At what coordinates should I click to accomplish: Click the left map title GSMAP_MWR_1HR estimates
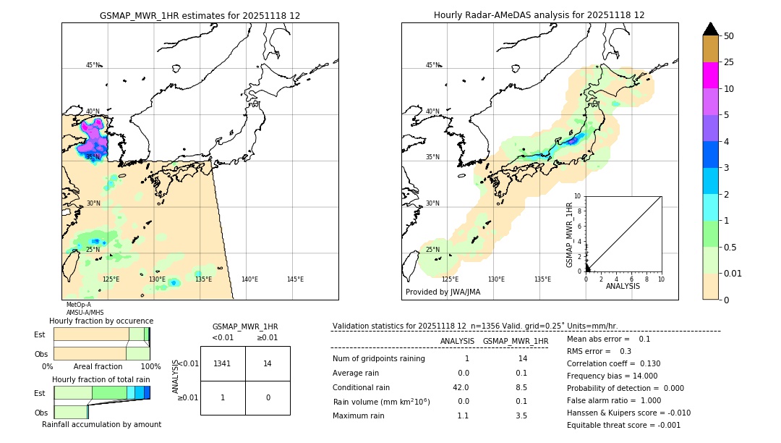[x=200, y=15]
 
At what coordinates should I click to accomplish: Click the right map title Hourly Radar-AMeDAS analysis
[x=539, y=15]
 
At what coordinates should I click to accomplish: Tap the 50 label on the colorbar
[x=729, y=36]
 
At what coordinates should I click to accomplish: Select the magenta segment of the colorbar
[x=710, y=75]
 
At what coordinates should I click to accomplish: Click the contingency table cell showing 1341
[x=223, y=363]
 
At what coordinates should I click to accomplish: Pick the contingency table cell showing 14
[x=268, y=363]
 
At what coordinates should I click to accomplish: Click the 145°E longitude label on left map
[x=295, y=279]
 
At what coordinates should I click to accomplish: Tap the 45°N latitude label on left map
[x=93, y=65]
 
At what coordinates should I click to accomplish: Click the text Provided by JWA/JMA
[x=443, y=292]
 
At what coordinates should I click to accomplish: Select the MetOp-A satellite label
[x=78, y=305]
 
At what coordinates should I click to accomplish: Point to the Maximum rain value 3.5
[x=521, y=415]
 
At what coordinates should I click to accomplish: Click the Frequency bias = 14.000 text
[x=612, y=376]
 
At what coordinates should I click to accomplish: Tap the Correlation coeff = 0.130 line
[x=614, y=363]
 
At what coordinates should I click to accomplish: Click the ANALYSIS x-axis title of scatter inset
[x=623, y=286]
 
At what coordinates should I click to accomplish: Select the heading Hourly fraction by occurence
[x=101, y=321]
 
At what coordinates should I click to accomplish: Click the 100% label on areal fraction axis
[x=150, y=367]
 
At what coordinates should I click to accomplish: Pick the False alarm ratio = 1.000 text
[x=613, y=400]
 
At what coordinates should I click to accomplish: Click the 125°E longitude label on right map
[x=450, y=279]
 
